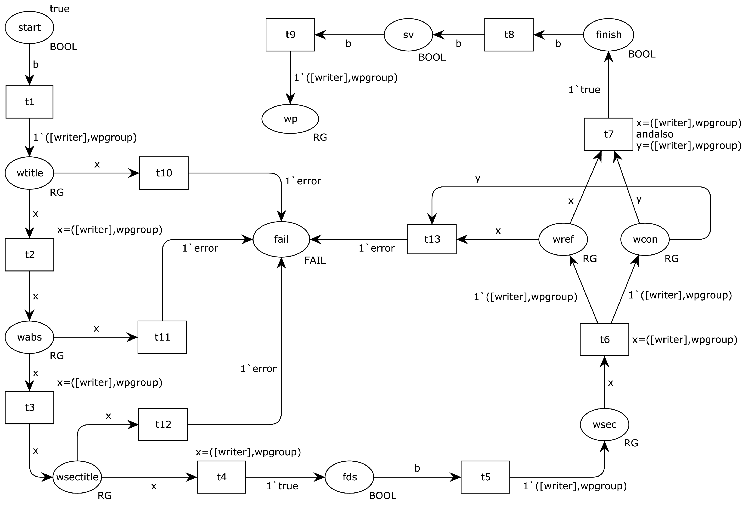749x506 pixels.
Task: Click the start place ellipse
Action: pos(29,27)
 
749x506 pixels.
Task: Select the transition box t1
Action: pos(29,102)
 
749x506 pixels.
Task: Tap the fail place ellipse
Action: pos(281,239)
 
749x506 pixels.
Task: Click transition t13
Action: pos(432,239)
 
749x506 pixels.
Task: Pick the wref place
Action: pos(563,239)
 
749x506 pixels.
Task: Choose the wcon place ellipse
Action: pos(645,239)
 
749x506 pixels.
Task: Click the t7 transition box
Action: pos(608,134)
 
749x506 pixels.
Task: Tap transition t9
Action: pos(290,34)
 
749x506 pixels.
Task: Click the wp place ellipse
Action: pos(290,119)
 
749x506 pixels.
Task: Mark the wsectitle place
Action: pos(77,477)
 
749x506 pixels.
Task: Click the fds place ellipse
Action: pos(349,477)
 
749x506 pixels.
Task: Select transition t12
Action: pos(163,424)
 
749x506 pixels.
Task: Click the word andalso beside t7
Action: pos(654,134)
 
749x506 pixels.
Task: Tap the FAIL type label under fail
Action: pos(315,260)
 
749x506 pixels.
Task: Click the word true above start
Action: pos(60,9)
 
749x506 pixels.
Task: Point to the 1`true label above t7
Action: pos(584,89)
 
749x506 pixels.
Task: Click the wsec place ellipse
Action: pos(604,424)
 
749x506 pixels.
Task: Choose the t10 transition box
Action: pos(164,173)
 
